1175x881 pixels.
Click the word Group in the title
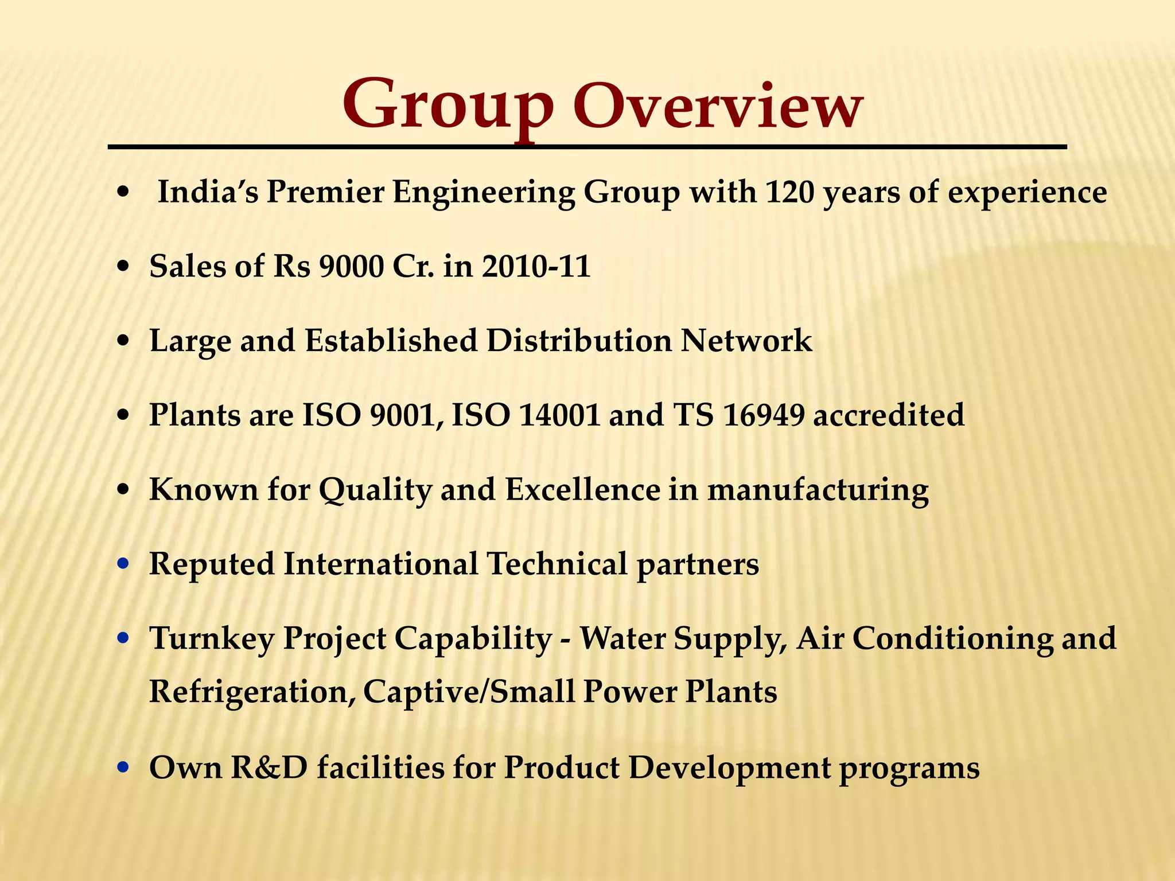click(x=448, y=106)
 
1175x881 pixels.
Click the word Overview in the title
click(x=717, y=106)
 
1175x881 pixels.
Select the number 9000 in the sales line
click(x=351, y=266)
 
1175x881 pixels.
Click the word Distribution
click(x=579, y=341)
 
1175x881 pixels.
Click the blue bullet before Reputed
click(x=122, y=565)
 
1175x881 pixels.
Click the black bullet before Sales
click(x=122, y=267)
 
